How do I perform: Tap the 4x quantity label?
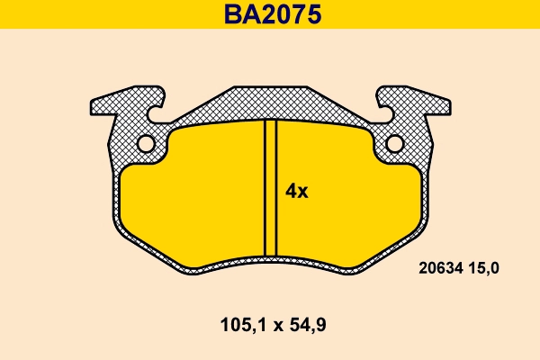point(296,191)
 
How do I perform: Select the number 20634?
point(441,267)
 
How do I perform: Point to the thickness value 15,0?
point(486,267)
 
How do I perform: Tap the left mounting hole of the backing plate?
point(145,143)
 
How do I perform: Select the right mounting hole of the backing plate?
point(394,143)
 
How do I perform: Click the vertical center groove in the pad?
point(270,189)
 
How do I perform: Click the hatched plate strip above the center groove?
point(270,105)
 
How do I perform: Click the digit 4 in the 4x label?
point(291,191)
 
